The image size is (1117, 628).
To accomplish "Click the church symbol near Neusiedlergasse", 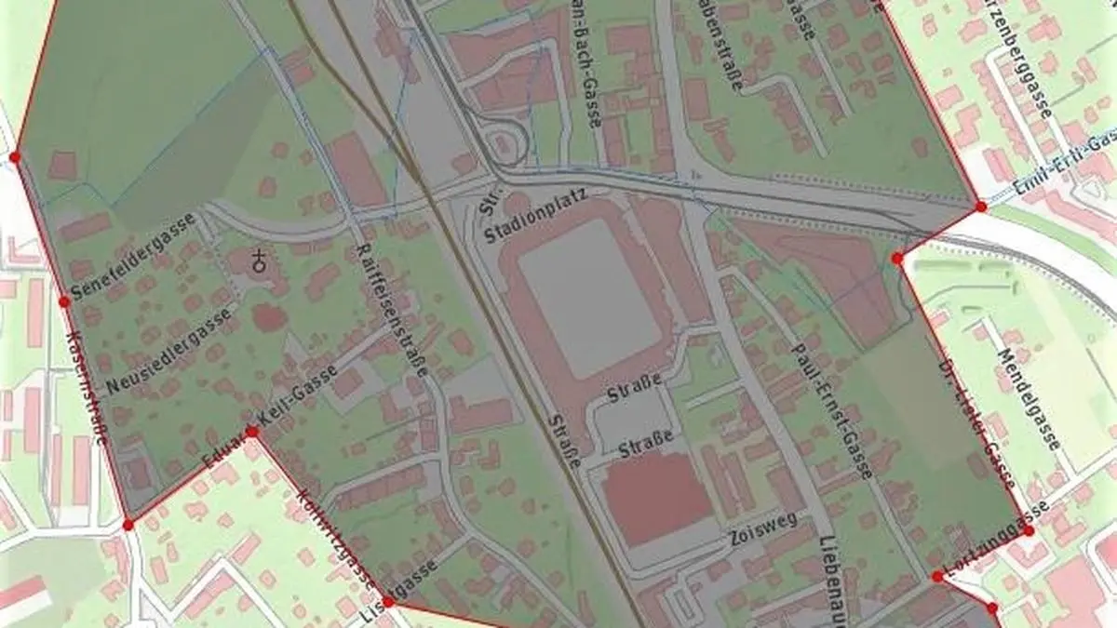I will click(x=262, y=261).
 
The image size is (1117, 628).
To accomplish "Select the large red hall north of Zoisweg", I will click(x=657, y=498).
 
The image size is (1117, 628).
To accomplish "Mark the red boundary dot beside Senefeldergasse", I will click(x=64, y=301).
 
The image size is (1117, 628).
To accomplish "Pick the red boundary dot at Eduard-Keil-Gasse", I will click(x=251, y=431).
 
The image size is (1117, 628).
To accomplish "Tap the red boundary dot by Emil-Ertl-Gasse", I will click(x=981, y=207).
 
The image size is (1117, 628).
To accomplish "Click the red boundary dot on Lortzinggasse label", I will click(x=1029, y=530).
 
